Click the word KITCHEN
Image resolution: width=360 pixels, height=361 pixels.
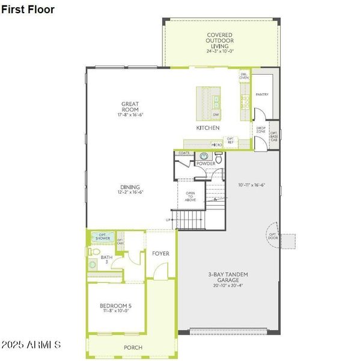pyautogui.click(x=207, y=128)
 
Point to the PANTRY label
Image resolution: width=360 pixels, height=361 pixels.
pyautogui.click(x=261, y=94)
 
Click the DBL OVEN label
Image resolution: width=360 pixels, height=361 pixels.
pyautogui.click(x=244, y=76)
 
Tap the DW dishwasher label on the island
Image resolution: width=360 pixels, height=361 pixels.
pyautogui.click(x=215, y=114)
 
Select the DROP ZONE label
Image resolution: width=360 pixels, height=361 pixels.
pyautogui.click(x=261, y=129)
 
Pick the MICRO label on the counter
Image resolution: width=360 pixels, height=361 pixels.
pyautogui.click(x=216, y=145)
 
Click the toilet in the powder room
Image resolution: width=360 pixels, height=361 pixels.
pyautogui.click(x=219, y=159)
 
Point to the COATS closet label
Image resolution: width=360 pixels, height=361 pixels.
pyautogui.click(x=184, y=153)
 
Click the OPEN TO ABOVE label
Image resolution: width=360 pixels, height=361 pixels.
pyautogui.click(x=191, y=197)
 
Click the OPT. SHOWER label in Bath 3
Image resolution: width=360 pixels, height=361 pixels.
pyautogui.click(x=103, y=237)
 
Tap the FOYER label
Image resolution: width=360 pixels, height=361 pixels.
pyautogui.click(x=160, y=253)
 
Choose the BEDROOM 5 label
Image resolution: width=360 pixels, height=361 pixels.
pyautogui.click(x=115, y=308)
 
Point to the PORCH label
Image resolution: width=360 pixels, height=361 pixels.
pyautogui.click(x=133, y=348)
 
